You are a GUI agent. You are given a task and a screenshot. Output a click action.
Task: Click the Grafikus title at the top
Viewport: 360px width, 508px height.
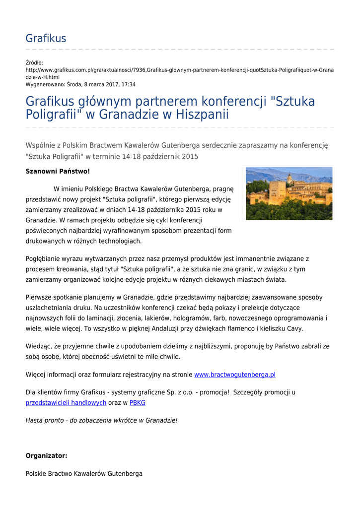pyautogui.click(x=46, y=39)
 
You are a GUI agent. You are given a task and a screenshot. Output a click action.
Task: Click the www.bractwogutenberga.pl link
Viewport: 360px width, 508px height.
pyautogui.click(x=234, y=375)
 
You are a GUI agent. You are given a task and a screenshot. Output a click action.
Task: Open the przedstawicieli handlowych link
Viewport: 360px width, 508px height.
pyautogui.click(x=66, y=403)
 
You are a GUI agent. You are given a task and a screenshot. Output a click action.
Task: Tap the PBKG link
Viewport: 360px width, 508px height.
pyautogui.click(x=138, y=403)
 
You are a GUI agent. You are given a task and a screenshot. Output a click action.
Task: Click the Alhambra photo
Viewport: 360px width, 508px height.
pyautogui.click(x=289, y=193)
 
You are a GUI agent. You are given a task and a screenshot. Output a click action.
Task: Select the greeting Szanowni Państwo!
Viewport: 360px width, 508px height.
pyautogui.click(x=58, y=171)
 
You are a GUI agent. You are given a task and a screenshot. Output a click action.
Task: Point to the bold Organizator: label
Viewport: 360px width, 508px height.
pyautogui.click(x=46, y=455)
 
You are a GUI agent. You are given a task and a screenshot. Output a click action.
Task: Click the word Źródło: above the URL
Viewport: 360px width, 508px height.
pyautogui.click(x=34, y=63)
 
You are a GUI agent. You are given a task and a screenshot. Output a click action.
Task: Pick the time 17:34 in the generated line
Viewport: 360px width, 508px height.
pyautogui.click(x=128, y=84)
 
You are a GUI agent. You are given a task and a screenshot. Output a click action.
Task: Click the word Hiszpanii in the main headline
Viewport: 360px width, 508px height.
pyautogui.click(x=197, y=115)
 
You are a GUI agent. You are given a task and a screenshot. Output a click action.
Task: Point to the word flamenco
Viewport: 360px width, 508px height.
pyautogui.click(x=236, y=328)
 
